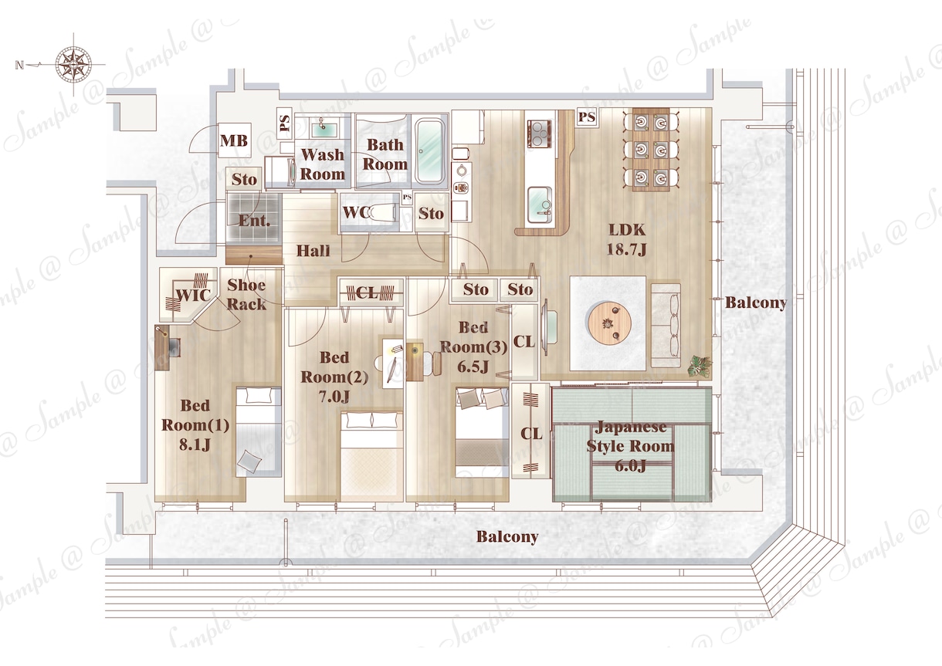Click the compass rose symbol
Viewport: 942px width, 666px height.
(73, 65)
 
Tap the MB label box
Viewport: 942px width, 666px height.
(234, 140)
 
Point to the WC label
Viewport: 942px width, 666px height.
(355, 212)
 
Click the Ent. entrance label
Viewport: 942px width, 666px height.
(254, 221)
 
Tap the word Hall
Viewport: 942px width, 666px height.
(313, 251)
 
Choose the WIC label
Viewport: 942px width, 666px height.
(194, 295)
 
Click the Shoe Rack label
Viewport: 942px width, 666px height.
(246, 294)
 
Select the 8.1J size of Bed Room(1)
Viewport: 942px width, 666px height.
(195, 445)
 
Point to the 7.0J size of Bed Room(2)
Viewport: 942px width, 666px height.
(334, 396)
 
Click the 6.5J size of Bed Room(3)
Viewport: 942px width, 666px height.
(473, 367)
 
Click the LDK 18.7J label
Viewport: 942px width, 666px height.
(627, 239)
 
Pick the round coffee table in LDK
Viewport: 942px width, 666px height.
(609, 323)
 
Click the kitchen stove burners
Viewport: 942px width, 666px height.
(540, 134)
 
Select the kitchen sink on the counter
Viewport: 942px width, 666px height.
(539, 205)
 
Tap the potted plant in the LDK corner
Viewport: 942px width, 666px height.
(700, 366)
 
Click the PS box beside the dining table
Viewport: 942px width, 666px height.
(587, 117)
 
